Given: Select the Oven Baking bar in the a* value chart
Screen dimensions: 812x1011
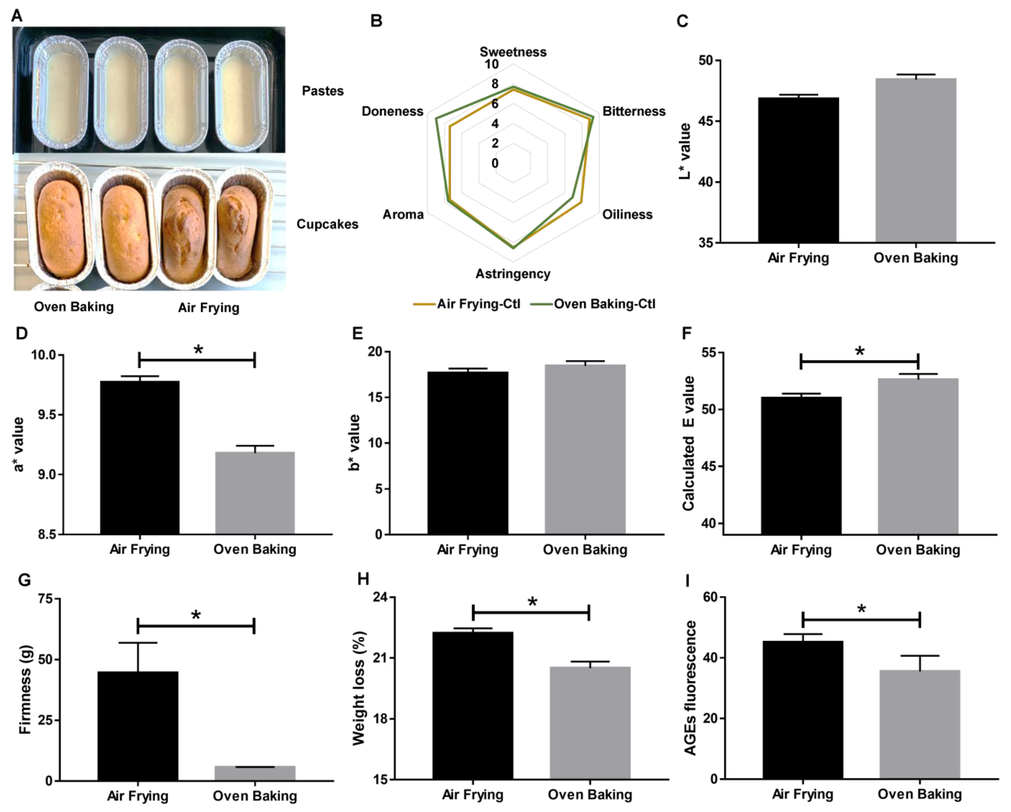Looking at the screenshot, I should pos(255,492).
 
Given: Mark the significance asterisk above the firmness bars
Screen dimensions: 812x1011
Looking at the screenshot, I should pos(196,615).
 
